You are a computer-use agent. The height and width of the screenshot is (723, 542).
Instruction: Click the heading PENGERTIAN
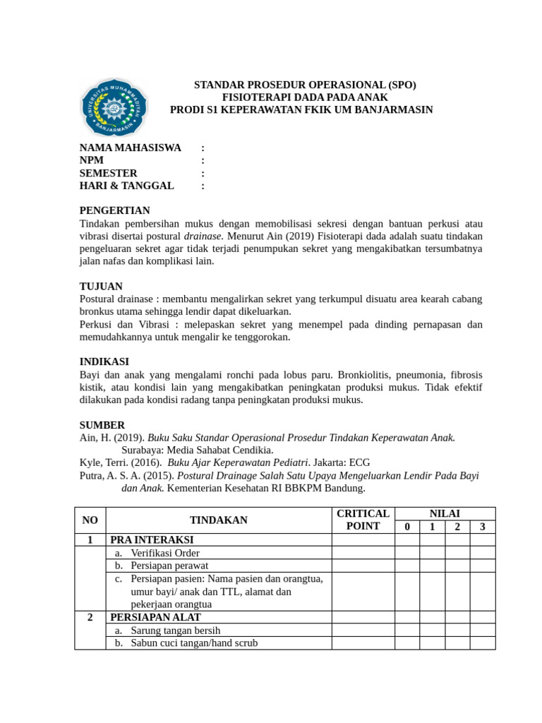coord(114,210)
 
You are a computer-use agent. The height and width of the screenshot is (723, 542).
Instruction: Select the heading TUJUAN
coord(101,286)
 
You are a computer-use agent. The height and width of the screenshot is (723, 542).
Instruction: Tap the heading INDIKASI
coord(104,361)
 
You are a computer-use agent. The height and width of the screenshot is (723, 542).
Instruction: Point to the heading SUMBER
coord(102,425)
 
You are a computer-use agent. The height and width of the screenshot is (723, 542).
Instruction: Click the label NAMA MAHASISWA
coord(130,148)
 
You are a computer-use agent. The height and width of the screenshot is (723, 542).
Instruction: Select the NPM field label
coord(92,160)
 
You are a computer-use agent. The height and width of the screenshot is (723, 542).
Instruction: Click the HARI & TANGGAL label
coord(126,186)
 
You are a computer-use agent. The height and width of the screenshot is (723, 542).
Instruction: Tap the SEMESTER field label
coord(108,173)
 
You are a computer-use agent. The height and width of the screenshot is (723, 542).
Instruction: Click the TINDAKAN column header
coord(218,520)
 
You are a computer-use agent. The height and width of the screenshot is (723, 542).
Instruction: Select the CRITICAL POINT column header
coord(363,520)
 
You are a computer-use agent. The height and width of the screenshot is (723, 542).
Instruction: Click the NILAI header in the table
coord(445,514)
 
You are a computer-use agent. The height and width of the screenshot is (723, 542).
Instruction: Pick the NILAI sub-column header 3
coord(483,527)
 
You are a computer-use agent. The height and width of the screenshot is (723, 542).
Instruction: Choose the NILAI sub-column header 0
coord(406,527)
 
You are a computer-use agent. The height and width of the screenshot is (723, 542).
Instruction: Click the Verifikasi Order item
coord(164,553)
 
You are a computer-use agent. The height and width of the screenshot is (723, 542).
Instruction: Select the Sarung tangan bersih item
coord(175,631)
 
